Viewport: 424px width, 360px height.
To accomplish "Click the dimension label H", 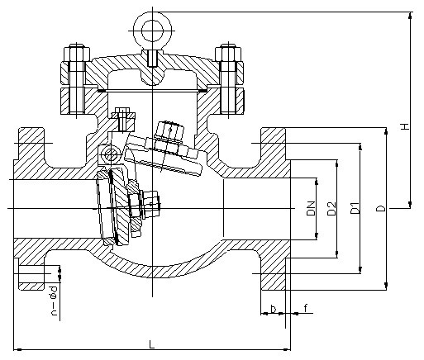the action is (x=404, y=127).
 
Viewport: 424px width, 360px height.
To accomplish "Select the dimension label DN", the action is (x=311, y=208).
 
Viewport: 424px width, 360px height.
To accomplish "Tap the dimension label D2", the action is (x=331, y=208).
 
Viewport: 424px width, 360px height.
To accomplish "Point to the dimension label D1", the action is (x=355, y=208).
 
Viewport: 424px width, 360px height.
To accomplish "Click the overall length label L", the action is (x=151, y=344).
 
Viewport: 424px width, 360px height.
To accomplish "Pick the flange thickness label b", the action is (x=273, y=309).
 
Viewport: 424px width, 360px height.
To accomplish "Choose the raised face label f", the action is (x=306, y=308).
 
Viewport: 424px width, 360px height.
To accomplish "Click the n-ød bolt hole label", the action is (x=55, y=301).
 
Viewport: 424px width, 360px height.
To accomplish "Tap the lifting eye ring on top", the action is (x=152, y=31).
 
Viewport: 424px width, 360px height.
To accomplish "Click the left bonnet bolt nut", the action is (x=77, y=53).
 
